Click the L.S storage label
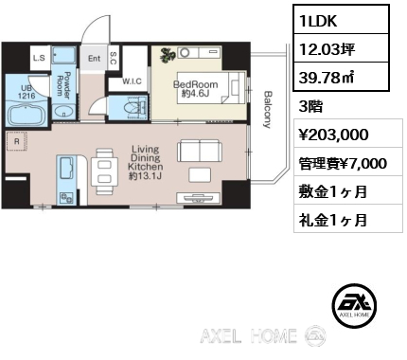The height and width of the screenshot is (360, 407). tap(39, 58)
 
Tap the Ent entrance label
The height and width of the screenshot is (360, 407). tap(95, 59)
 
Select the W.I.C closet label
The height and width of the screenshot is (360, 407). tap(132, 81)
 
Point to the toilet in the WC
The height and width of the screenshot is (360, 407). tap(135, 107)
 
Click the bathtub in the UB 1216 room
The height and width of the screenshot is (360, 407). tap(27, 115)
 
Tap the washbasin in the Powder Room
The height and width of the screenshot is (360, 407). tap(64, 112)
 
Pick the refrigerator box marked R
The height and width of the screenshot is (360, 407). tap(17, 142)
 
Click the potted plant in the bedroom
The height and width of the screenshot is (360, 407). tap(168, 55)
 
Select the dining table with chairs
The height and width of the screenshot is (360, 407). tap(104, 171)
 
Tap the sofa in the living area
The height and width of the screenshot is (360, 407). tap(200, 151)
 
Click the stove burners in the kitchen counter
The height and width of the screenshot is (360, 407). tap(66, 198)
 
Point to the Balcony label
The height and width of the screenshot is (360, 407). tap(268, 110)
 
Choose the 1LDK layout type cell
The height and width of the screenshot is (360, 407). tap(341, 20)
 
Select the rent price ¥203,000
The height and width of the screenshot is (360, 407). tap(333, 135)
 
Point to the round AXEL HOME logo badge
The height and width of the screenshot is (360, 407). tap(354, 306)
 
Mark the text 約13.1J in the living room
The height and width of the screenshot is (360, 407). tap(146, 175)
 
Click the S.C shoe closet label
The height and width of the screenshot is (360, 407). tap(113, 58)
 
